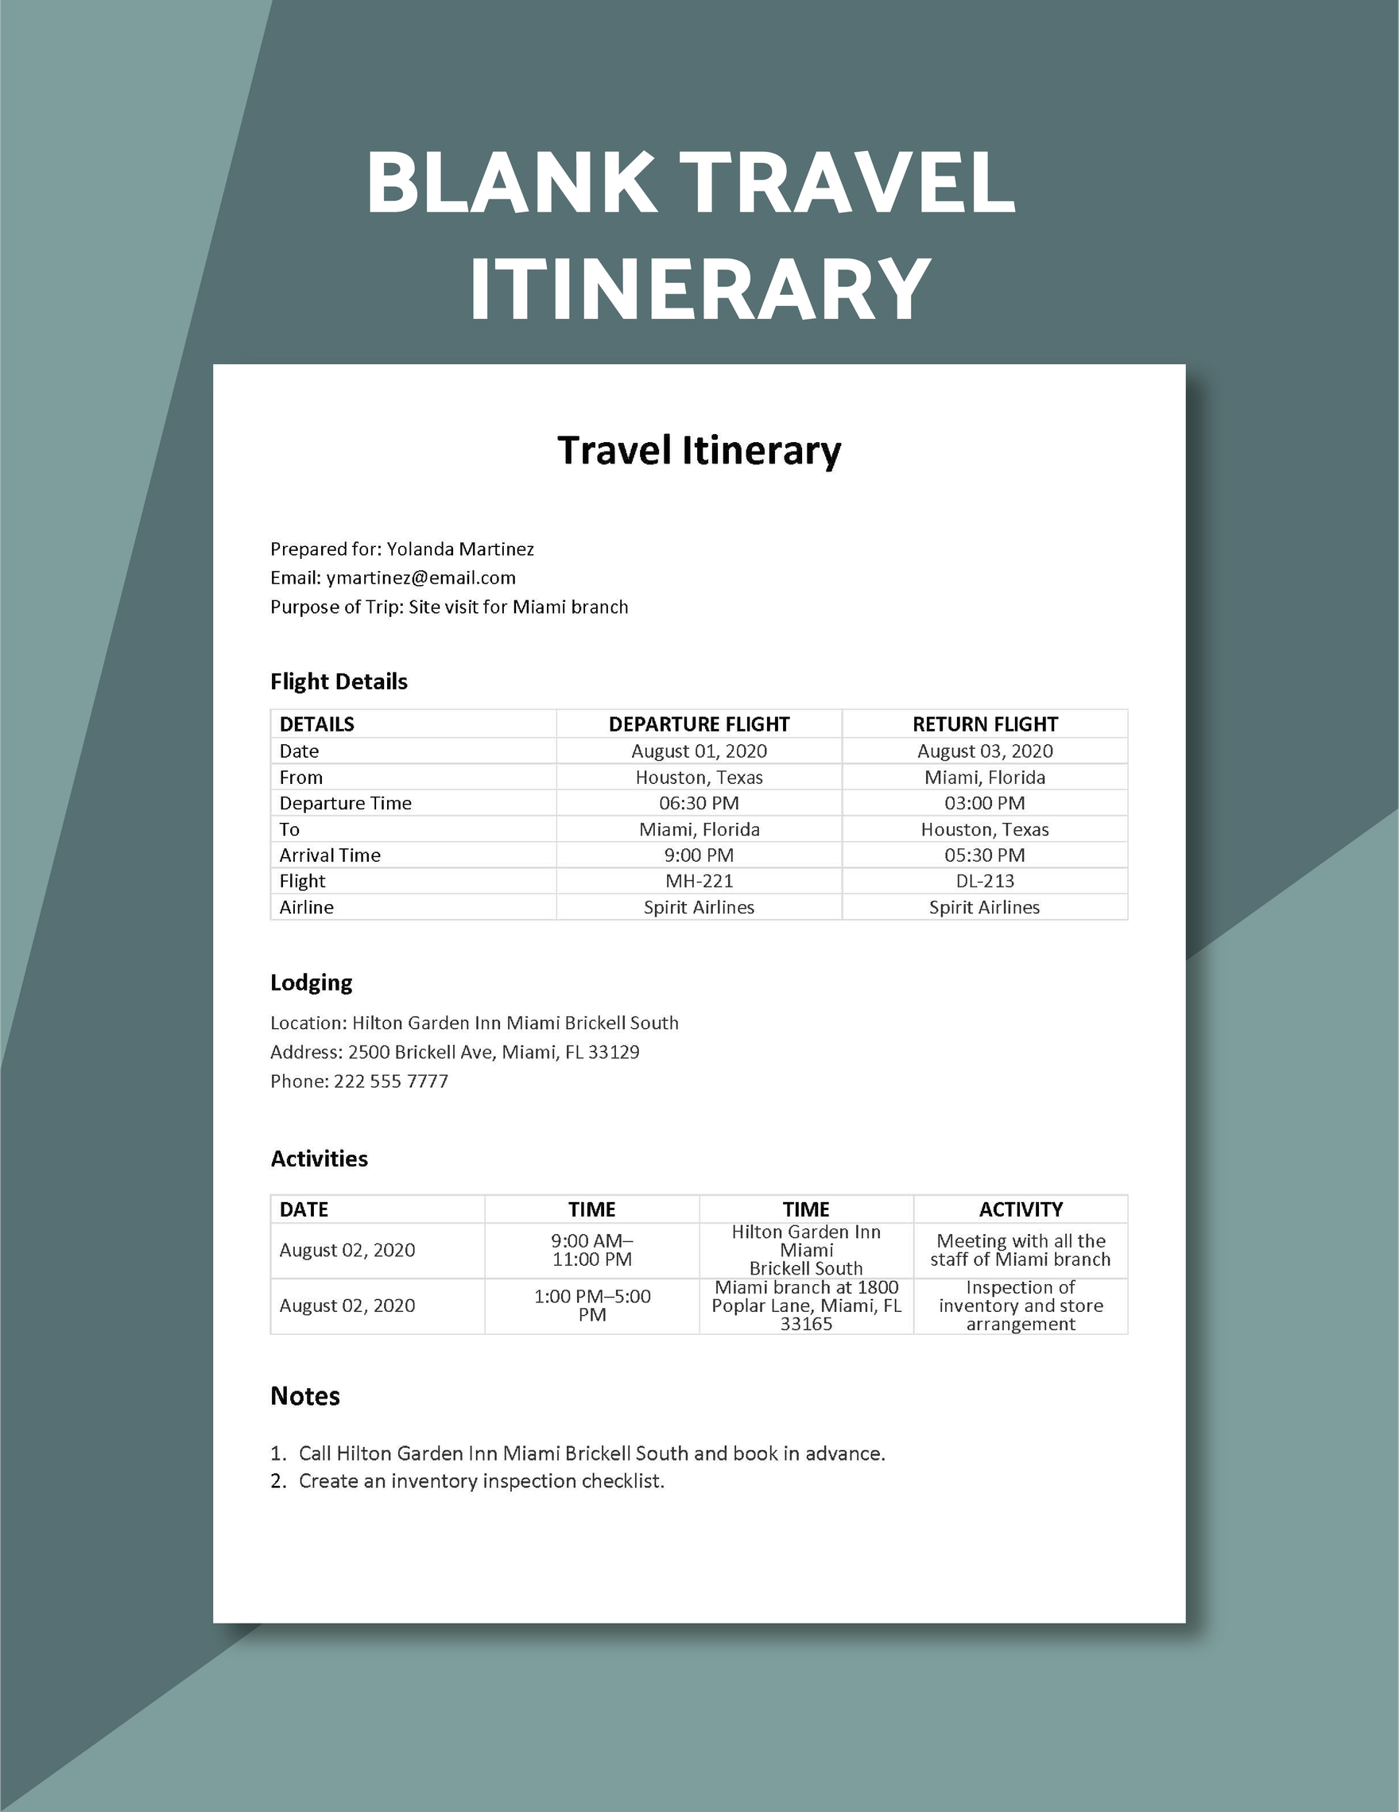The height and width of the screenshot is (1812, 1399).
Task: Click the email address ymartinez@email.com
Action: click(420, 577)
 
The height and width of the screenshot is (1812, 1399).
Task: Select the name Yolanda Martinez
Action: click(460, 549)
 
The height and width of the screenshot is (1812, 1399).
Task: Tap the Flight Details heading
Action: click(339, 681)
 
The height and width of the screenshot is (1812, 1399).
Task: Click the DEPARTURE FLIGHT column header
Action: click(698, 724)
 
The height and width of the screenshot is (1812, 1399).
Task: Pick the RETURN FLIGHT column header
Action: click(984, 724)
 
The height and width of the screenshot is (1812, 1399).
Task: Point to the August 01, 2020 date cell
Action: click(698, 751)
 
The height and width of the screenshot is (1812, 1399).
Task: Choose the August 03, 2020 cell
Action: click(984, 751)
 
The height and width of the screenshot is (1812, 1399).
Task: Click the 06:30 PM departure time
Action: click(698, 803)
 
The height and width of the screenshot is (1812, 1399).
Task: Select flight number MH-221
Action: click(698, 880)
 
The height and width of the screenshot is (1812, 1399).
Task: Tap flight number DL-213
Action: click(984, 880)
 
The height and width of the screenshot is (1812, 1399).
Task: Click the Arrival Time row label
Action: click(329, 855)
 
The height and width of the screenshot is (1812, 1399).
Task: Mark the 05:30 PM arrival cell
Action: click(984, 855)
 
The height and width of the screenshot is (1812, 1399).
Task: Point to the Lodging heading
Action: click(311, 983)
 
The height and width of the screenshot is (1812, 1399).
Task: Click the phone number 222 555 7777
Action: click(390, 1081)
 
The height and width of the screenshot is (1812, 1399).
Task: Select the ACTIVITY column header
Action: click(1020, 1209)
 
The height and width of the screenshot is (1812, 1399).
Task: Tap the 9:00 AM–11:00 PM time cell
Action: click(591, 1250)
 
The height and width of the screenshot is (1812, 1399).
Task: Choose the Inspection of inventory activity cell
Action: click(1020, 1305)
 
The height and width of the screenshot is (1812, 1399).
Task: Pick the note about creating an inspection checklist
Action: click(481, 1481)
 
